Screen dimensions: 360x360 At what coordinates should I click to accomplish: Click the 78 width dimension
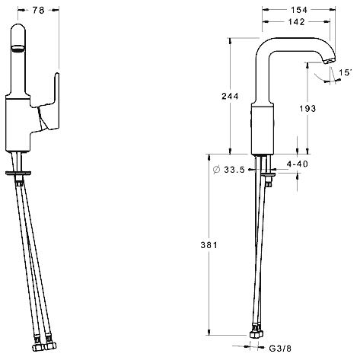pyautogui.click(x=39, y=10)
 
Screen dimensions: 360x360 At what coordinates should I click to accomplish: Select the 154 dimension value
pyautogui.click(x=299, y=10)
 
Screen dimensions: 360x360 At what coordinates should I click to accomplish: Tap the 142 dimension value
pyautogui.click(x=296, y=22)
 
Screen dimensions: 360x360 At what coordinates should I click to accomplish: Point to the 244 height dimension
pyautogui.click(x=230, y=96)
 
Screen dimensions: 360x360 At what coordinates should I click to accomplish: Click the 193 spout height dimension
pyautogui.click(x=307, y=109)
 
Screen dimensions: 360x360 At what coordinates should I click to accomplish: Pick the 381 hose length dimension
pyautogui.click(x=209, y=245)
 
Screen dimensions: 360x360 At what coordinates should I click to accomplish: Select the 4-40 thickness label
pyautogui.click(x=298, y=164)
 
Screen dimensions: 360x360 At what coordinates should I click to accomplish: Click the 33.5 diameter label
pyautogui.click(x=234, y=170)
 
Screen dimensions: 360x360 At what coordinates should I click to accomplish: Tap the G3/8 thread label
pyautogui.click(x=280, y=349)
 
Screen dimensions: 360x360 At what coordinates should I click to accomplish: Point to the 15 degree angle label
pyautogui.click(x=345, y=72)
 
